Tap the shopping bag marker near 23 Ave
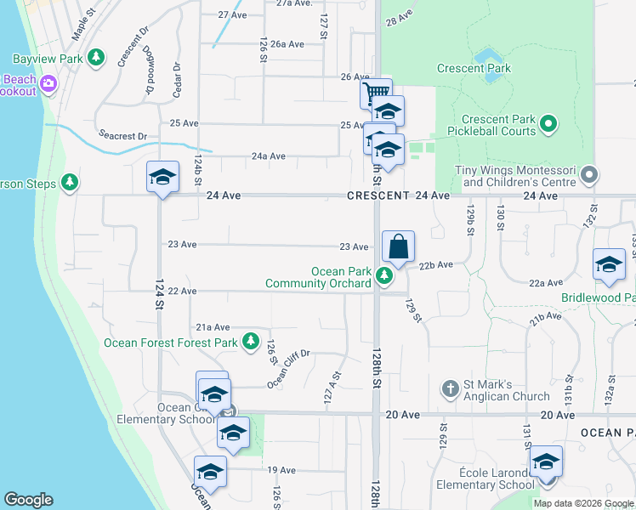pyautogui.click(x=398, y=247)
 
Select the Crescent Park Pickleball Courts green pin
pyautogui.click(x=548, y=125)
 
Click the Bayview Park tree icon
pyautogui.click(x=97, y=57)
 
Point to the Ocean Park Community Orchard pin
pyautogui.click(x=384, y=275)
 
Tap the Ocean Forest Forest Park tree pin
pyautogui.click(x=250, y=342)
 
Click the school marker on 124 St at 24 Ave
pyautogui.click(x=162, y=177)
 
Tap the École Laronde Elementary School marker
pyautogui.click(x=546, y=462)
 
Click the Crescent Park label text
pyautogui.click(x=474, y=68)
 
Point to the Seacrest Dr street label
pyautogui.click(x=122, y=136)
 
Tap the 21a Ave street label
pyautogui.click(x=213, y=326)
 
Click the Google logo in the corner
pyautogui.click(x=28, y=500)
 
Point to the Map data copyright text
pyautogui.click(x=583, y=503)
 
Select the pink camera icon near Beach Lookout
pyautogui.click(x=47, y=83)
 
